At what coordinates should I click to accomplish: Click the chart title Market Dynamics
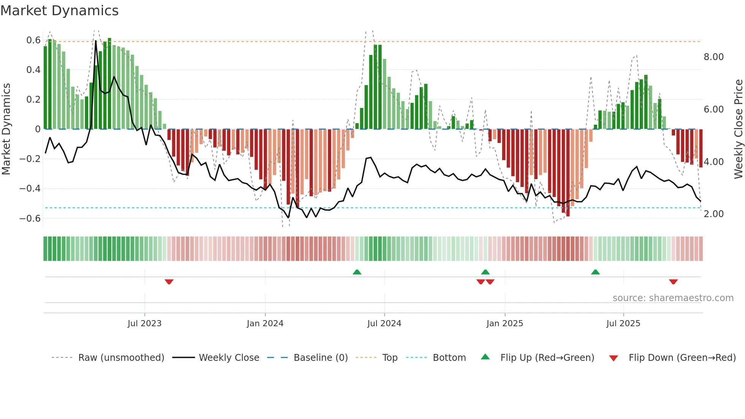point(59,11)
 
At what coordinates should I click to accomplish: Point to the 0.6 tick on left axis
point(33,40)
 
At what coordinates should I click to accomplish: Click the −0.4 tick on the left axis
point(30,189)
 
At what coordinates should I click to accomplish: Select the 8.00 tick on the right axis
point(713,57)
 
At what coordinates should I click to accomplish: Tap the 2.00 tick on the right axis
point(713,214)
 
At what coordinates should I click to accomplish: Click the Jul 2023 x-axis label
point(144,324)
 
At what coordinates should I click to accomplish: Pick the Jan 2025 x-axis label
point(504,324)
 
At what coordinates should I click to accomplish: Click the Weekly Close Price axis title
point(738,129)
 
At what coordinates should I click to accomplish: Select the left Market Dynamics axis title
point(6,129)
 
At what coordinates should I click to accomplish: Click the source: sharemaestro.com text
point(673,298)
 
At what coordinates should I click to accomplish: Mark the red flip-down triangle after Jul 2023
point(169,281)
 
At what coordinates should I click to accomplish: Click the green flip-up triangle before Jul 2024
point(357,272)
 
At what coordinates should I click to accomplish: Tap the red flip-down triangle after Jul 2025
point(673,281)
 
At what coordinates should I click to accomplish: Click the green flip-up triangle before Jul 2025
point(595,272)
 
